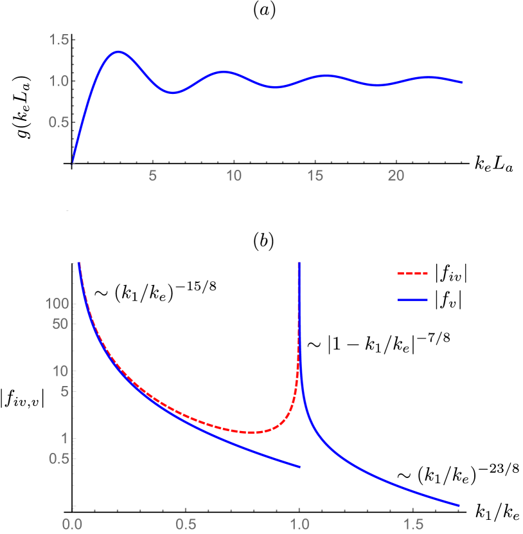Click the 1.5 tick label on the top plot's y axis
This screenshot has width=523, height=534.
coord(58,40)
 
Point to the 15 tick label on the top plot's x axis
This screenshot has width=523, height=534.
coord(315,176)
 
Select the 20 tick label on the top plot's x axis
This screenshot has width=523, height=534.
coord(396,176)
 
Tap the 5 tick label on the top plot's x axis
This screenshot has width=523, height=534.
coord(153,176)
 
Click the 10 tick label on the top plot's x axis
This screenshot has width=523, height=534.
coord(234,176)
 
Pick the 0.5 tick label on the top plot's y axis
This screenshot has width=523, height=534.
coord(58,122)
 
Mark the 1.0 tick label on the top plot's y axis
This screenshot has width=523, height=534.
coord(58,81)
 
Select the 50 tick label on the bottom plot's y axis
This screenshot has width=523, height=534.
coord(60,324)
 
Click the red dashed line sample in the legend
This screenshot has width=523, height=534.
coord(412,273)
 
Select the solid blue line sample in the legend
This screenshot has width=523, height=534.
coord(412,300)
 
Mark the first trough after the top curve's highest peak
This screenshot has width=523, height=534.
coord(173,93)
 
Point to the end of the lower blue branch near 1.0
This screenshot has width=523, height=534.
coord(300,467)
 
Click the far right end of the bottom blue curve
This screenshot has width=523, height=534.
coord(459,505)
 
